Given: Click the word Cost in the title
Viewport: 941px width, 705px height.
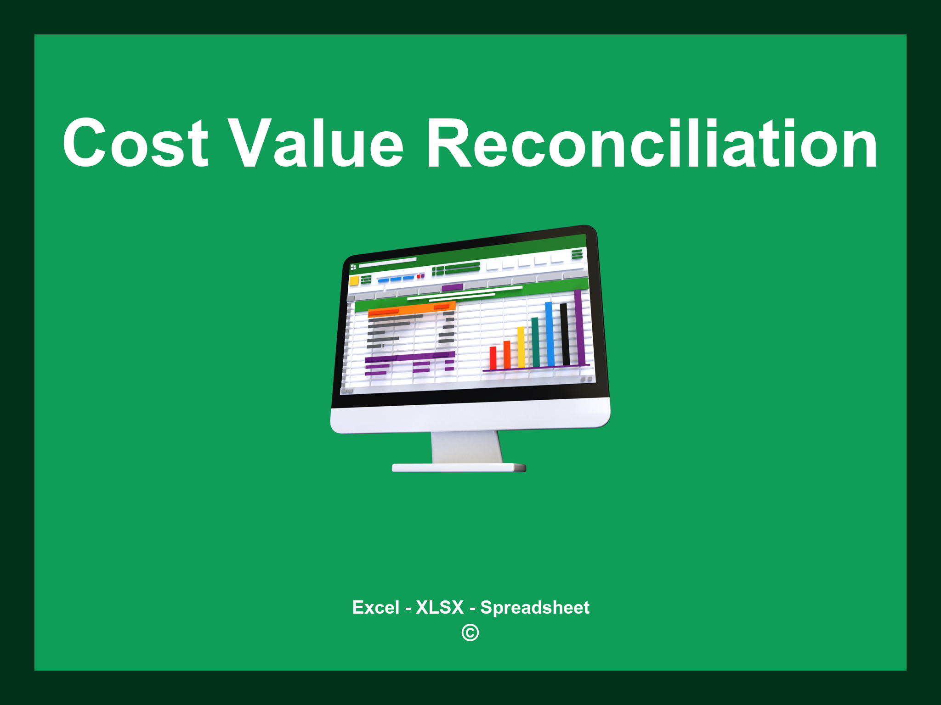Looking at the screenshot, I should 136,143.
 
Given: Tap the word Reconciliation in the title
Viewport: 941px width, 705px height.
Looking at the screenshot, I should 652,143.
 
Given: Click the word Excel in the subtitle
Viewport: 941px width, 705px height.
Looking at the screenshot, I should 375,608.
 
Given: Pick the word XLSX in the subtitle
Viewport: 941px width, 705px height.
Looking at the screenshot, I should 440,608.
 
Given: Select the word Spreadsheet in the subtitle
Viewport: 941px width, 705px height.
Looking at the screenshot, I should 534,608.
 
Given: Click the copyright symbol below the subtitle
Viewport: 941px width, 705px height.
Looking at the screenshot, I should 470,633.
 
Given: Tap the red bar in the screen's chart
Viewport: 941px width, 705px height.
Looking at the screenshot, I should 493,358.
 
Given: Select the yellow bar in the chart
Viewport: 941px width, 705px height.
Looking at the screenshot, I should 521,347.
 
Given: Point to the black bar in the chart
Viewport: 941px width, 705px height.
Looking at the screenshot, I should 564,334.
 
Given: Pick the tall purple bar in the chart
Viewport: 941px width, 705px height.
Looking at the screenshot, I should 579,328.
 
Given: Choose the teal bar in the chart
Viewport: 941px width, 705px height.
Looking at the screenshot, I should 535,342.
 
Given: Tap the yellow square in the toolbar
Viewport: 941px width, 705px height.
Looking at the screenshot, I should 354,281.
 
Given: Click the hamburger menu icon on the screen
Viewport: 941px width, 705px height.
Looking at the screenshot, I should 577,254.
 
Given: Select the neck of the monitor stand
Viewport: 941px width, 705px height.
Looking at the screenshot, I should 466,448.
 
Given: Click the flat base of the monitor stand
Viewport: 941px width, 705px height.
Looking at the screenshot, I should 459,468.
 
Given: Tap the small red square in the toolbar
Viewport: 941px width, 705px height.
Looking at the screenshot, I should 419,276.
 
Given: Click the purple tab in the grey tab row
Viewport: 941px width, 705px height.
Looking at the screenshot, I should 452,288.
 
